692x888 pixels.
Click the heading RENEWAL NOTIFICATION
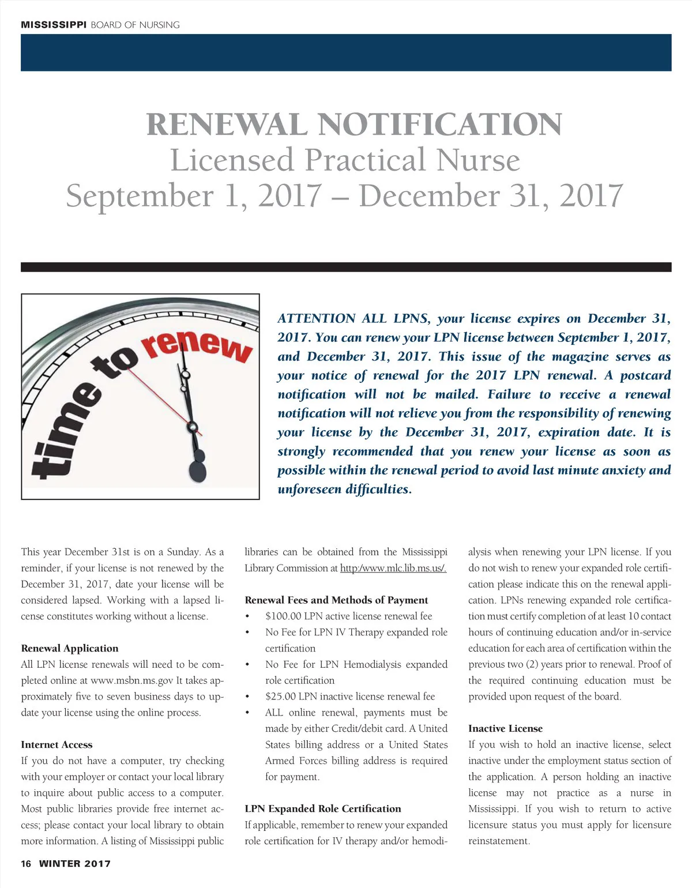354,125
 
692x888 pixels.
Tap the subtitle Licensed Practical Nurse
345,160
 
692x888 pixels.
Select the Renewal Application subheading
69,648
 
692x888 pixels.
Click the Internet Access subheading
57,744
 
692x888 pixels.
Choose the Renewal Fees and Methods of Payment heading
336,600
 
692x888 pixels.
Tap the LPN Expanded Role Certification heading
322,808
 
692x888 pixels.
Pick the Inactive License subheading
505,728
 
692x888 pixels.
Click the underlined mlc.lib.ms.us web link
393,568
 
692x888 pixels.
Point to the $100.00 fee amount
283,616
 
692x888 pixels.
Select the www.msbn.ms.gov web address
131,680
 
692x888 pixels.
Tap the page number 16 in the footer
26,863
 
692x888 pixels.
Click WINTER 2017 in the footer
74,863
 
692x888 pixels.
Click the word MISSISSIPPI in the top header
54,25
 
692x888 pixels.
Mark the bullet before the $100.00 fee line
247,616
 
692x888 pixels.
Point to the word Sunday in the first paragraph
183,552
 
